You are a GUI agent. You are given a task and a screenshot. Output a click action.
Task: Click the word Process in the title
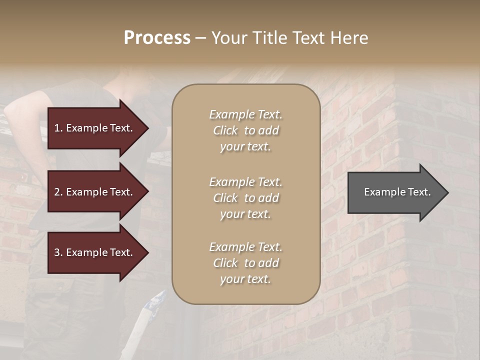click(157, 38)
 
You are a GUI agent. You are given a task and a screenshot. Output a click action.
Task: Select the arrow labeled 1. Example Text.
click(95, 128)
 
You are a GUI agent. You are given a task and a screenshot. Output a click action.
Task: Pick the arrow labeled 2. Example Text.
click(95, 192)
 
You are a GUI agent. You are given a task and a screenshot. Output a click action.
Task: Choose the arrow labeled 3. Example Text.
click(95, 252)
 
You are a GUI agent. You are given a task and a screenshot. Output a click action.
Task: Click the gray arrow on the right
click(395, 192)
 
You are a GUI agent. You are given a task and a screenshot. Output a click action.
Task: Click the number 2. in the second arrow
click(58, 192)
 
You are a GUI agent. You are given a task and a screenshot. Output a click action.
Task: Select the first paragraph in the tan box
click(245, 130)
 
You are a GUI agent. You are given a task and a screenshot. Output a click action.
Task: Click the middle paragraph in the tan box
click(245, 198)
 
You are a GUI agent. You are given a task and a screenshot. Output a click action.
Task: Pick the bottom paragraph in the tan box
click(245, 263)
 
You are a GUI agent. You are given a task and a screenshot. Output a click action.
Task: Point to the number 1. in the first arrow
click(58, 128)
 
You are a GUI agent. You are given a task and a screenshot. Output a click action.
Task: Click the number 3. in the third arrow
click(58, 252)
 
